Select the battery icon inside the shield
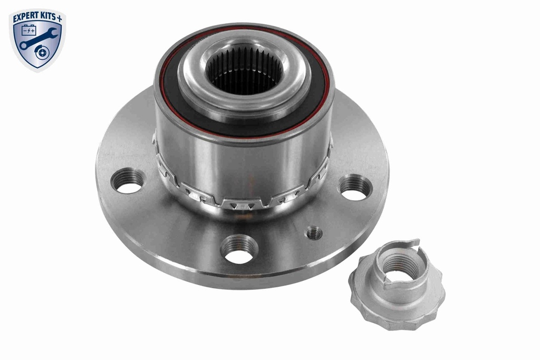[x=28, y=30]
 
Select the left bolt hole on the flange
[x=127, y=181]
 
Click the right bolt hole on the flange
[x=355, y=188]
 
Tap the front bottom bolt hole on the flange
[x=239, y=250]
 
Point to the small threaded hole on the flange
[x=314, y=232]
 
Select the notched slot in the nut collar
[x=415, y=246]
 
